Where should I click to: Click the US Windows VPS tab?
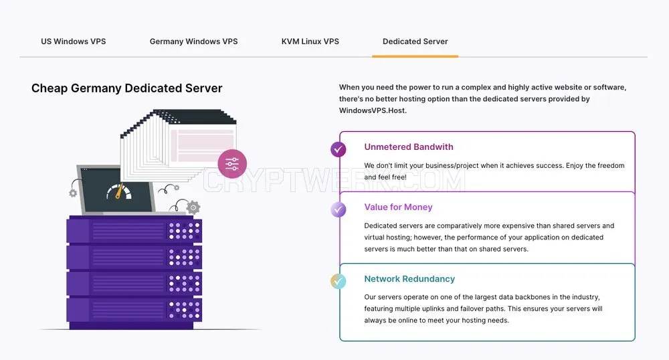pyautogui.click(x=74, y=41)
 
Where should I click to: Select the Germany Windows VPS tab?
pyautogui.click(x=194, y=41)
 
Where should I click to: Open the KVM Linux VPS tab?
pyautogui.click(x=310, y=41)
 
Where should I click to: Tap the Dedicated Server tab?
pyautogui.click(x=415, y=41)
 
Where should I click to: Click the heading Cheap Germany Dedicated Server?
pyautogui.click(x=126, y=88)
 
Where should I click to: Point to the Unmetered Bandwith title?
pyautogui.click(x=409, y=147)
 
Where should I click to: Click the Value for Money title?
pyautogui.click(x=398, y=207)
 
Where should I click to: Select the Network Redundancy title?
pyautogui.click(x=409, y=278)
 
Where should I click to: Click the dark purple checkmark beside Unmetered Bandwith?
pyautogui.click(x=339, y=149)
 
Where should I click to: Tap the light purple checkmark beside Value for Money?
pyautogui.click(x=339, y=209)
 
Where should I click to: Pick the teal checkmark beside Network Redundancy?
pyautogui.click(x=339, y=281)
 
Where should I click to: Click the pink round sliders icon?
pyautogui.click(x=232, y=164)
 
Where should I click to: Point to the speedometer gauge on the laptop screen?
pyautogui.click(x=119, y=192)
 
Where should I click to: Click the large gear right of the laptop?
pyautogui.click(x=193, y=207)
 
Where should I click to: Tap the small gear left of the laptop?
pyautogui.click(x=73, y=193)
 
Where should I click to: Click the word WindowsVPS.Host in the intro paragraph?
pyautogui.click(x=373, y=110)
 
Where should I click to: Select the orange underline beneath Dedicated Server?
pyautogui.click(x=415, y=56)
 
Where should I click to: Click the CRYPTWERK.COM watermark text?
pyautogui.click(x=334, y=181)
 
